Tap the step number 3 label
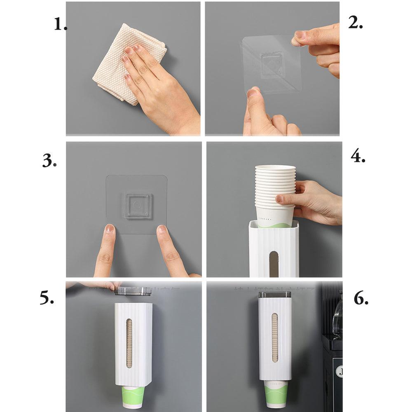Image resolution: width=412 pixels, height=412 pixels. click(x=49, y=161)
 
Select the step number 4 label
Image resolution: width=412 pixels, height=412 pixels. click(x=358, y=156)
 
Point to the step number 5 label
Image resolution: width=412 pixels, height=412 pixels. click(x=47, y=297)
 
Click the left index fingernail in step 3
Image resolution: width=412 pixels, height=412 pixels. click(x=109, y=228)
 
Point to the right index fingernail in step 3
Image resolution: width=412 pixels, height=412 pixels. click(x=162, y=229)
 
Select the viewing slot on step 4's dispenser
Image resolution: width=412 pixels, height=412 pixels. click(x=274, y=263)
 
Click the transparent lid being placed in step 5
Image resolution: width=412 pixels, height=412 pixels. click(x=133, y=291)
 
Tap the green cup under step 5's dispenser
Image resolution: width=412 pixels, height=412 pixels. click(x=133, y=398)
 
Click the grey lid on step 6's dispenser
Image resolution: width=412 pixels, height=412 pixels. click(x=274, y=295)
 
